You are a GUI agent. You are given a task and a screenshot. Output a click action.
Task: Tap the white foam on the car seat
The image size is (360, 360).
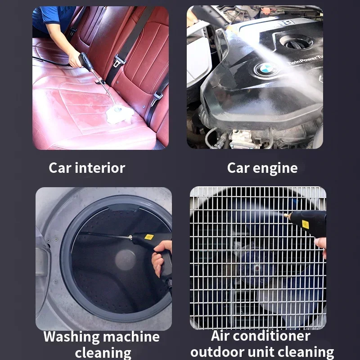point(119,114)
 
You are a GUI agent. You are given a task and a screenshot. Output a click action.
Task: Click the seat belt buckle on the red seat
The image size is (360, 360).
point(119,59)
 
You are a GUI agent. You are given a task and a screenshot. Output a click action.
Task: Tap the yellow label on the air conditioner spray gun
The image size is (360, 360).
point(306,224)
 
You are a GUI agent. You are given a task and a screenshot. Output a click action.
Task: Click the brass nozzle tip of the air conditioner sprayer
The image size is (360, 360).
point(287,216)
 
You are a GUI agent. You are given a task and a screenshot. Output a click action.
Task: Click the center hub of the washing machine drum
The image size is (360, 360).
point(126,260)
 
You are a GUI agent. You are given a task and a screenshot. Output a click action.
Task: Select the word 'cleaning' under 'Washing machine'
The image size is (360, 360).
point(103,352)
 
